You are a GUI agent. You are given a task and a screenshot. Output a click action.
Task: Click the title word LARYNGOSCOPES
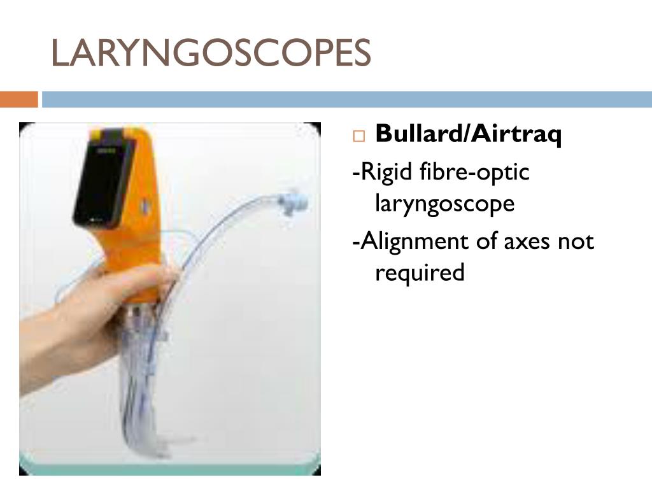[x=211, y=53]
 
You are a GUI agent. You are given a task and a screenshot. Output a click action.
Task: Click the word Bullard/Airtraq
[x=468, y=134]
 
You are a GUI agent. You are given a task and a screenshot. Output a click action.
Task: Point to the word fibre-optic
[x=475, y=173]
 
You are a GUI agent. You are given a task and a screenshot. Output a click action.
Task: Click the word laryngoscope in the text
[x=444, y=204]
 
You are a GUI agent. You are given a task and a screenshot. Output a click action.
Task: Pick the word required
[x=420, y=273]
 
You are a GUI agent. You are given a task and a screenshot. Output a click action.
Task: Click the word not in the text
[x=576, y=242]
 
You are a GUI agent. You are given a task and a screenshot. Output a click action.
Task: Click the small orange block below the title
[x=19, y=100]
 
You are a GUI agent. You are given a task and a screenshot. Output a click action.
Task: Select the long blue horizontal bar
[x=347, y=100]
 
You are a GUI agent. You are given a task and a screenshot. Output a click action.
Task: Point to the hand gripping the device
[x=96, y=306]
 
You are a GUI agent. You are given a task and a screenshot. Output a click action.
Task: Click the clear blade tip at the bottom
[x=178, y=439]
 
